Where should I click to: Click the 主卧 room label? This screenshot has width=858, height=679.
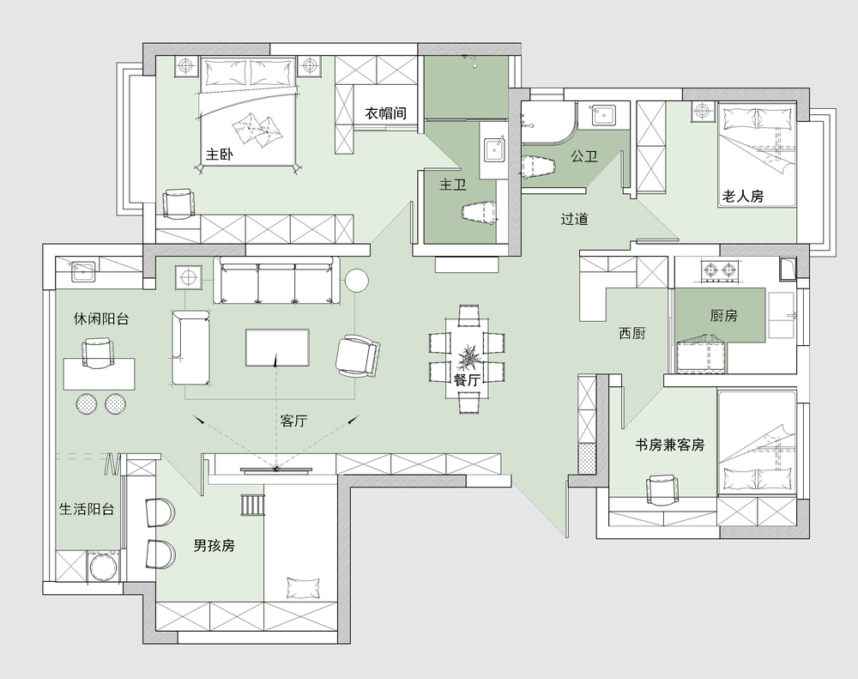[x=220, y=155]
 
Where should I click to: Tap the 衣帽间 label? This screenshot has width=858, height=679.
[x=386, y=113]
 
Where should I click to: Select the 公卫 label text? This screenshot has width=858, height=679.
[x=583, y=156]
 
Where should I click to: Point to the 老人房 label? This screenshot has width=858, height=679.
[x=742, y=196]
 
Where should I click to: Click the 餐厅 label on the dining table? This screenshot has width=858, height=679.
[x=467, y=380]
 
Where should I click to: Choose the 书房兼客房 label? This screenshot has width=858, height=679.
[x=669, y=445]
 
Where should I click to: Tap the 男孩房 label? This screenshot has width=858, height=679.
[x=214, y=545]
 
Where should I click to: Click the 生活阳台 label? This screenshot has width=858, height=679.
[x=87, y=509]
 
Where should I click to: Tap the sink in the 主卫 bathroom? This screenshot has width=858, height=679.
[x=496, y=149]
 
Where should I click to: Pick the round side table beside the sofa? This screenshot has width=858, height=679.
[x=357, y=281]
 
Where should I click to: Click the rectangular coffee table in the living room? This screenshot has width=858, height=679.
[x=277, y=348]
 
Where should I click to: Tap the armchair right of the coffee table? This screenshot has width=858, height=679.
[x=357, y=355]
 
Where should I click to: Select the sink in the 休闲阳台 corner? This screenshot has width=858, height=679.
[x=82, y=271]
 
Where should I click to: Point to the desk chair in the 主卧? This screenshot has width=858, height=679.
[x=178, y=203]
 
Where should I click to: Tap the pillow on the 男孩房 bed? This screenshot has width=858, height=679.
[x=303, y=587]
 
